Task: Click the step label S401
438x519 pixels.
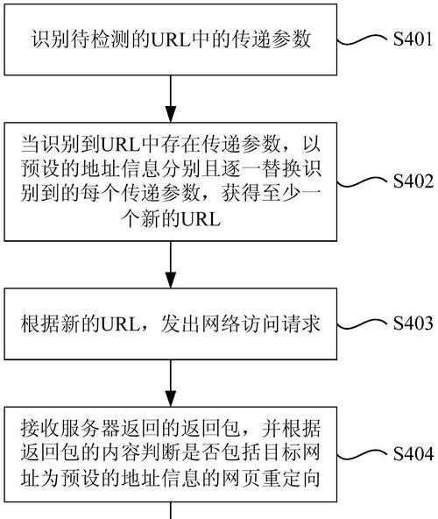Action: point(413,39)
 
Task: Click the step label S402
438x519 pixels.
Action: point(413,181)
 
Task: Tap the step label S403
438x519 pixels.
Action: point(413,323)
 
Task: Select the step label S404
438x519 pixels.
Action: point(413,453)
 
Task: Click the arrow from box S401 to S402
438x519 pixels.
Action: point(171,99)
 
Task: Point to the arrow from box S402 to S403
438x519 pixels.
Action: point(171,265)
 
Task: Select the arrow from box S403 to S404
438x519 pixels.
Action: point(171,383)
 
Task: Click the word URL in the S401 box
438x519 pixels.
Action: point(171,39)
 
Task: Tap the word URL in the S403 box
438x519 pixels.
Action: point(120,323)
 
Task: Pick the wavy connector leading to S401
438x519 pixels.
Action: point(364,40)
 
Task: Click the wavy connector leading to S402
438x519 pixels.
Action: point(364,181)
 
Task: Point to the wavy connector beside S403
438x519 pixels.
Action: point(364,324)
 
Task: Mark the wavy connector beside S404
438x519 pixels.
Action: point(364,454)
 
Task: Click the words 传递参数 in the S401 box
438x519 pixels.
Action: point(271,39)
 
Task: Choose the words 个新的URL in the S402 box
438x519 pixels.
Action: point(171,218)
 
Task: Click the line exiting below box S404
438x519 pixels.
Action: point(171,510)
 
